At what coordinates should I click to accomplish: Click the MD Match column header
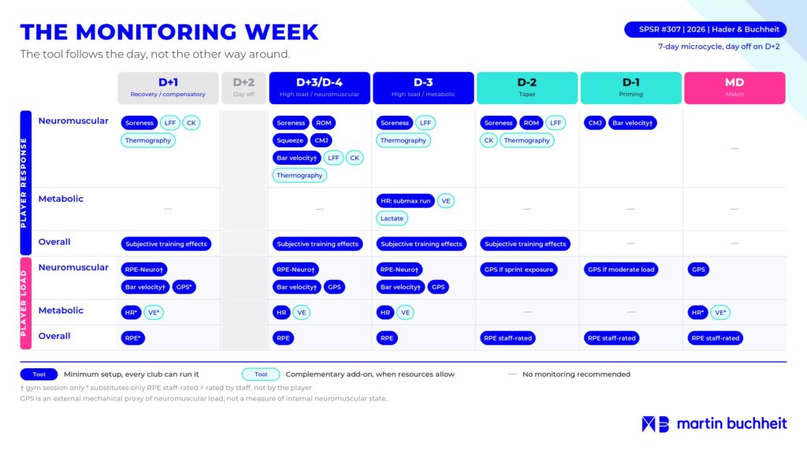coord(734,88)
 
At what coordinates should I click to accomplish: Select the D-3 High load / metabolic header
coord(423,88)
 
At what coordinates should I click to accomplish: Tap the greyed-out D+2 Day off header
coord(244,88)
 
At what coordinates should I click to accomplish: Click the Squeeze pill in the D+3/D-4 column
coord(290,140)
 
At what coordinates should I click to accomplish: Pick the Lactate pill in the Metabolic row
coord(392,218)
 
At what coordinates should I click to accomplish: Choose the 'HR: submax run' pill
coord(406,201)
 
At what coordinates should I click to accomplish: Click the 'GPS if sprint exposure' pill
coord(519,270)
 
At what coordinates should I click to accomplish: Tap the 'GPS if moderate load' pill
coord(621,270)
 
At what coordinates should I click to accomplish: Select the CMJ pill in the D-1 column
coord(595,123)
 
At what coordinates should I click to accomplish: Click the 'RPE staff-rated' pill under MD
coord(716,338)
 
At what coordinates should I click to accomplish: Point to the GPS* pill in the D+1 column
coord(184,287)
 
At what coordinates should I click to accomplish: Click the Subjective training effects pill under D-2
coord(525,244)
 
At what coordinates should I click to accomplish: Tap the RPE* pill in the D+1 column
coord(132,338)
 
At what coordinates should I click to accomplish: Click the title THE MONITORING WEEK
coord(169,32)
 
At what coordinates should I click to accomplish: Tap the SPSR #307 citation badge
coord(705,29)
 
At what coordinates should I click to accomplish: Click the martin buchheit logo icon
coord(655,424)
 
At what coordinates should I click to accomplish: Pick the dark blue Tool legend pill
coord(39,374)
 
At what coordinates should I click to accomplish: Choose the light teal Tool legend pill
coord(261,374)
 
